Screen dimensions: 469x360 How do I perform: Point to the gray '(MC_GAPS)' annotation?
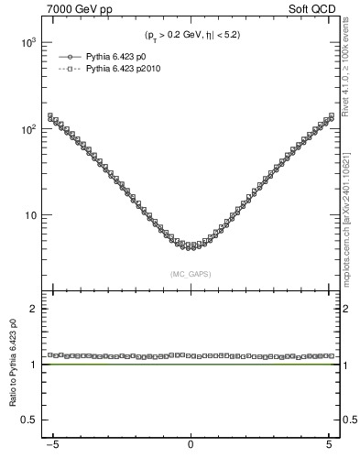pyautogui.click(x=191, y=273)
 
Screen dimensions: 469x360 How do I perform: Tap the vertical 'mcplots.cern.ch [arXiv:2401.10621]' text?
pyautogui.click(x=352, y=211)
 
